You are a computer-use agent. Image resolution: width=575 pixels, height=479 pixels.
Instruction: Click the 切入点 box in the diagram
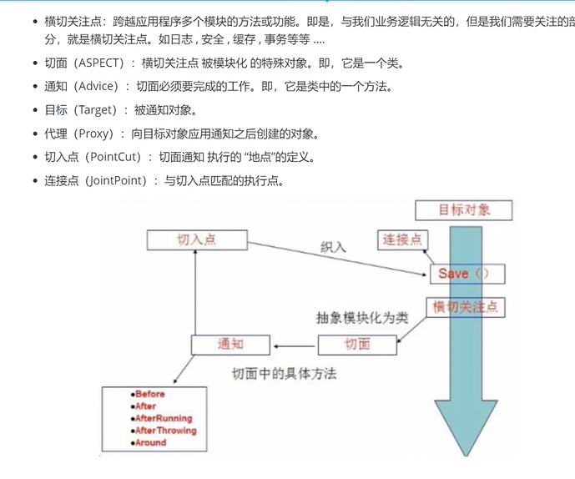197,240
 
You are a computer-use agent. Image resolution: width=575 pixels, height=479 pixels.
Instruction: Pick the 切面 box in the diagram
356,344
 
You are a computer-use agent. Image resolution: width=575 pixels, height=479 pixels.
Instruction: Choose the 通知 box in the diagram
230,344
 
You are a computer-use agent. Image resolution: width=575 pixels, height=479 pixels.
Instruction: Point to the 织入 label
333,247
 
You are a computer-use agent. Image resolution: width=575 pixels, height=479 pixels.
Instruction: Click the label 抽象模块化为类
362,318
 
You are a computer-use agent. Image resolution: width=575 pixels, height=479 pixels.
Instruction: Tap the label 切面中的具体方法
284,373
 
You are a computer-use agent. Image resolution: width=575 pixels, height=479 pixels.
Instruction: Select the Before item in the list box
150,394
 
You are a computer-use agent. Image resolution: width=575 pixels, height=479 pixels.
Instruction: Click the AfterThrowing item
164,431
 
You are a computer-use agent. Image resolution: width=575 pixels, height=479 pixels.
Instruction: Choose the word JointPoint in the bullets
119,180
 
